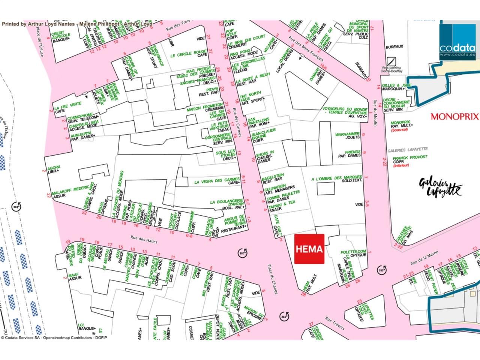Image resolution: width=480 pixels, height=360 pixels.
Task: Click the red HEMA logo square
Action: coord(309,249)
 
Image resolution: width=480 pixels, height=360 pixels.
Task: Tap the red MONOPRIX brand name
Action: coord(454,117)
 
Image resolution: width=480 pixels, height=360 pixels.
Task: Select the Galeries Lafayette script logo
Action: coord(441,187)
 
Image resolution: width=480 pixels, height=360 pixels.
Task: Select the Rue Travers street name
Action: coord(335,323)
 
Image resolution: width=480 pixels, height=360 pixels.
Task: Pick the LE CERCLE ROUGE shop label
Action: coord(189,52)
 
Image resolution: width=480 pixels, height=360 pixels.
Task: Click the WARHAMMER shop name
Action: coord(347,134)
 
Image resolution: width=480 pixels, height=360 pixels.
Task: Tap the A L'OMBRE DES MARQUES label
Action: coord(337,178)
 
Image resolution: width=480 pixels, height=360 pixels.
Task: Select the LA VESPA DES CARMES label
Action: coord(217,180)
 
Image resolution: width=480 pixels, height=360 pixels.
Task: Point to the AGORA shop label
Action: coord(54,168)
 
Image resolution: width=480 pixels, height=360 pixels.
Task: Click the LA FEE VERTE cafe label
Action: coord(68,104)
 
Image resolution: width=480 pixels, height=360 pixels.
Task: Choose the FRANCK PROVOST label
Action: coord(410,157)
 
